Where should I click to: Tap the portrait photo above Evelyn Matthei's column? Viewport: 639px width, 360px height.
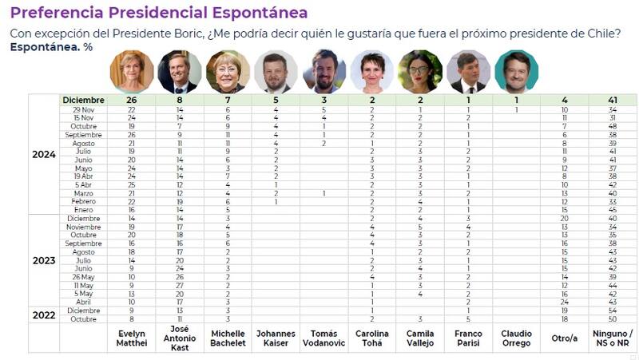[131, 72]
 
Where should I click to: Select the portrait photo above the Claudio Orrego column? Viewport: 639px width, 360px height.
[516, 72]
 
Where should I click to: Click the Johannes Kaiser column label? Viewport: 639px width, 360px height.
[275, 338]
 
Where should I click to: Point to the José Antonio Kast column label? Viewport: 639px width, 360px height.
[179, 338]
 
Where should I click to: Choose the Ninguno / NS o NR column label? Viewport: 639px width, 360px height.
[613, 338]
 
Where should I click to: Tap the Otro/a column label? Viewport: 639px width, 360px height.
[564, 338]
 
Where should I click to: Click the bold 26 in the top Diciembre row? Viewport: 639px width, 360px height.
[131, 100]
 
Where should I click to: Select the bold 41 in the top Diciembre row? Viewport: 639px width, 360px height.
[613, 100]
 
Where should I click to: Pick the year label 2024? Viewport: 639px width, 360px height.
[44, 154]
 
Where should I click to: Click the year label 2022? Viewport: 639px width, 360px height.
[44, 315]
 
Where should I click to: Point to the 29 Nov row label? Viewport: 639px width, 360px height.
[84, 109]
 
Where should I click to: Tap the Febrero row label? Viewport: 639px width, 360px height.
[84, 202]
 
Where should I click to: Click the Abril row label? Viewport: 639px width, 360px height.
[84, 302]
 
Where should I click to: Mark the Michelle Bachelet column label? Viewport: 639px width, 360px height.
[227, 338]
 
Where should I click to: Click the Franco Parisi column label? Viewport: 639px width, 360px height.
[468, 338]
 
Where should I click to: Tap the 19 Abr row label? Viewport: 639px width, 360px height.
[84, 176]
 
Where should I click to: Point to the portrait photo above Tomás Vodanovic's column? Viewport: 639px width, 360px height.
[323, 72]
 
